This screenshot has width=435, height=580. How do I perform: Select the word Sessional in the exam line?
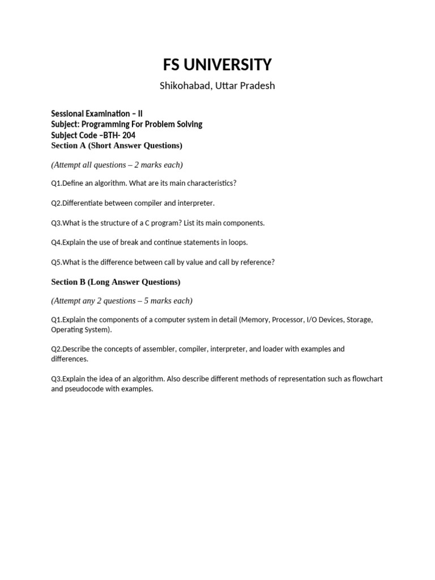[x=68, y=113]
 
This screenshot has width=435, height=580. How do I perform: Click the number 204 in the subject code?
[x=129, y=135]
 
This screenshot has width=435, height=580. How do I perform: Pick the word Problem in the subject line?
[x=160, y=124]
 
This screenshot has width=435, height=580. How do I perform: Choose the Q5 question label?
[x=56, y=262]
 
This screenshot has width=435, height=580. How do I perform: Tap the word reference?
[x=257, y=262]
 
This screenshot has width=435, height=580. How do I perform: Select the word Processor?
[x=288, y=319]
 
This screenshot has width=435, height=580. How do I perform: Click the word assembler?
[x=155, y=349]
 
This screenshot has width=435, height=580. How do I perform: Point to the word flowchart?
[x=363, y=378]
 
